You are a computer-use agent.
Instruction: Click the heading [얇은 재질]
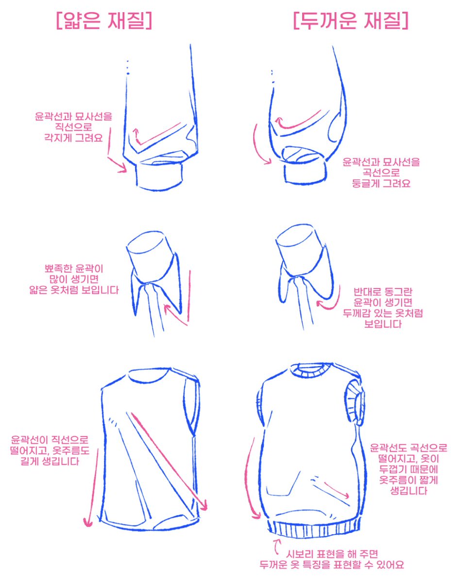point(104,20)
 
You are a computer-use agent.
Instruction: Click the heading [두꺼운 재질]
point(351,20)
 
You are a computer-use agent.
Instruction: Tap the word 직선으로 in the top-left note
point(73,127)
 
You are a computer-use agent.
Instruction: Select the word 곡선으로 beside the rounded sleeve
point(381,172)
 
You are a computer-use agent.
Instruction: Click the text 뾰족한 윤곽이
point(74,269)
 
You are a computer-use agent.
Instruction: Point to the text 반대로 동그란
point(383,291)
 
